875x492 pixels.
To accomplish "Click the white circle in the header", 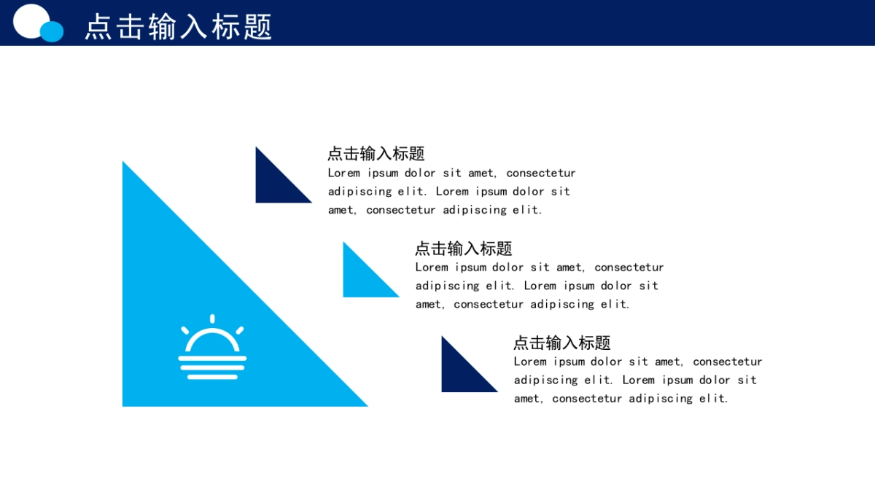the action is click(31, 20).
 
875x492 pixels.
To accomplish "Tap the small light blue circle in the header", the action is click(52, 31).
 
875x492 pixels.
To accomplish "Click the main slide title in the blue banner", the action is click(178, 26).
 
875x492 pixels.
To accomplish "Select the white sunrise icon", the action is click(212, 347).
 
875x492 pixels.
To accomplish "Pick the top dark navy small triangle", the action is click(274, 184).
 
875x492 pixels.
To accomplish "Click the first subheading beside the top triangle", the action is click(376, 154).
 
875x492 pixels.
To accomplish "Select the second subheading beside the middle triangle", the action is click(463, 249).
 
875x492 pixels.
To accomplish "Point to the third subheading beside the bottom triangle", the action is click(561, 343).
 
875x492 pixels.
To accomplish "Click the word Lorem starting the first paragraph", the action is click(343, 173).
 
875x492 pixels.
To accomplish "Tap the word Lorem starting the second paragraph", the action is click(431, 268).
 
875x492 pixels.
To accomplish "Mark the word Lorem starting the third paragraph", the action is click(529, 362).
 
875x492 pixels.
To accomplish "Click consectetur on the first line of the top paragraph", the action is click(541, 173).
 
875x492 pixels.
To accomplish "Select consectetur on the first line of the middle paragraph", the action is click(629, 268).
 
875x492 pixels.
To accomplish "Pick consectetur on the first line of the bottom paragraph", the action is click(728, 362).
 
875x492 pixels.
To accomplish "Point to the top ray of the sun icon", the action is click(212, 319).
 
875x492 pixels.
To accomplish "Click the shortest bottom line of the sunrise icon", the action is click(212, 377).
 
